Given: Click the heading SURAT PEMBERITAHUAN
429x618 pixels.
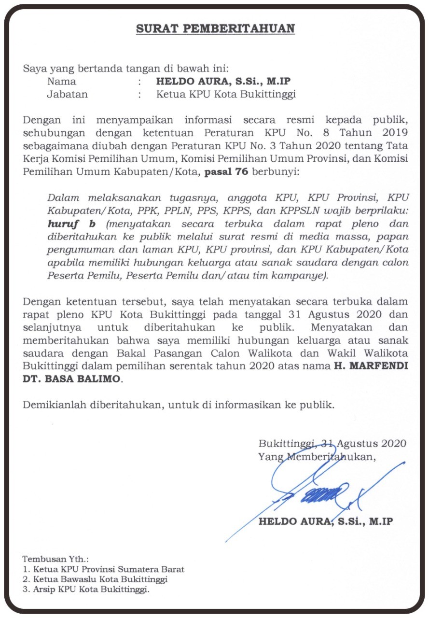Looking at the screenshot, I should [x=215, y=29].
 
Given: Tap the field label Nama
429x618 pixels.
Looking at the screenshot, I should [x=61, y=82].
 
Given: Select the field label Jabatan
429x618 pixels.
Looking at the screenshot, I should [x=67, y=95].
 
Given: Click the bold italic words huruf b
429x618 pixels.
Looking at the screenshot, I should [x=71, y=224].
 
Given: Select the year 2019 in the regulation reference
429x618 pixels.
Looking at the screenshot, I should [x=390, y=133].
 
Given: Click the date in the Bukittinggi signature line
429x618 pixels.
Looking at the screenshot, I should [x=364, y=443].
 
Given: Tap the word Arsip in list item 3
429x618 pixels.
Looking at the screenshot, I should [x=42, y=589].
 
